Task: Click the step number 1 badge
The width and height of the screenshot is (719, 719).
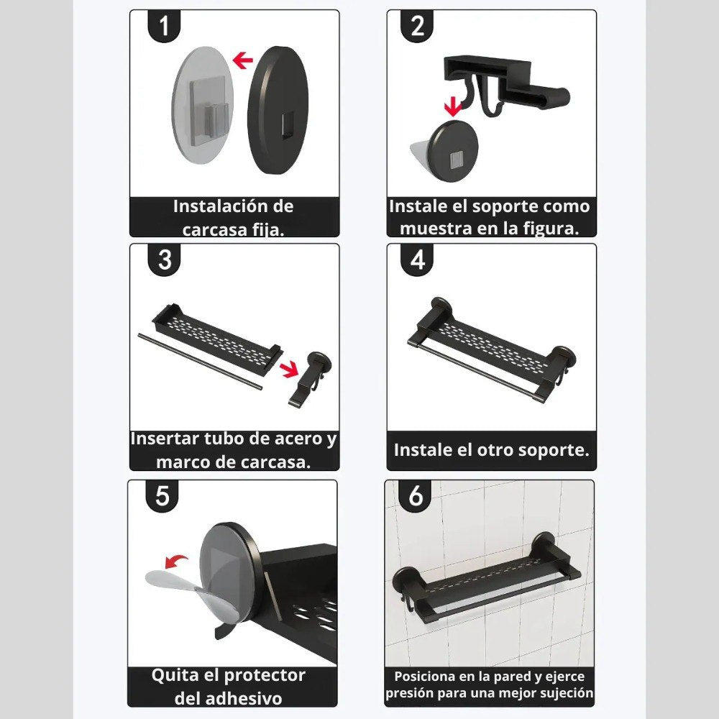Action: tap(164, 26)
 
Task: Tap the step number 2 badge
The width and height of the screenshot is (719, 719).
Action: tap(417, 26)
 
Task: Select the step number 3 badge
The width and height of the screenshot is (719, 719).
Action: tap(164, 260)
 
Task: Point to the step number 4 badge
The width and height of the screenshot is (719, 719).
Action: tap(417, 260)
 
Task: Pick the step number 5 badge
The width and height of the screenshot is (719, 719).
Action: tap(162, 496)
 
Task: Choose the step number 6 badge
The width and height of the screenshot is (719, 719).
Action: tap(415, 496)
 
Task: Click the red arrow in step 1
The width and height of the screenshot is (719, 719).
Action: tap(243, 60)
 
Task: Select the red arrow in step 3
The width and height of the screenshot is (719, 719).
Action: tap(289, 369)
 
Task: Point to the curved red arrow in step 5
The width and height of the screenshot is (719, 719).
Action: tap(175, 560)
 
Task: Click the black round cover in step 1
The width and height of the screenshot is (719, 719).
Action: tap(278, 110)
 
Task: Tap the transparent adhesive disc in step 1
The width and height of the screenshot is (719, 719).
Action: tap(203, 104)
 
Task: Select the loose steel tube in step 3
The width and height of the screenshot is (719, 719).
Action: tap(201, 362)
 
